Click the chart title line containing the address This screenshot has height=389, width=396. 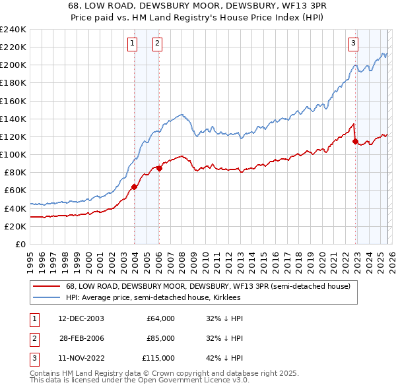click(x=198, y=5)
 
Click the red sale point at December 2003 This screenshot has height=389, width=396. click(x=134, y=187)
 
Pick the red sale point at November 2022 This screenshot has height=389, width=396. click(x=355, y=141)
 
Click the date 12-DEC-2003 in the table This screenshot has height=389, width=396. click(x=81, y=318)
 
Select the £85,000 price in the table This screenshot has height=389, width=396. click(x=160, y=338)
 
